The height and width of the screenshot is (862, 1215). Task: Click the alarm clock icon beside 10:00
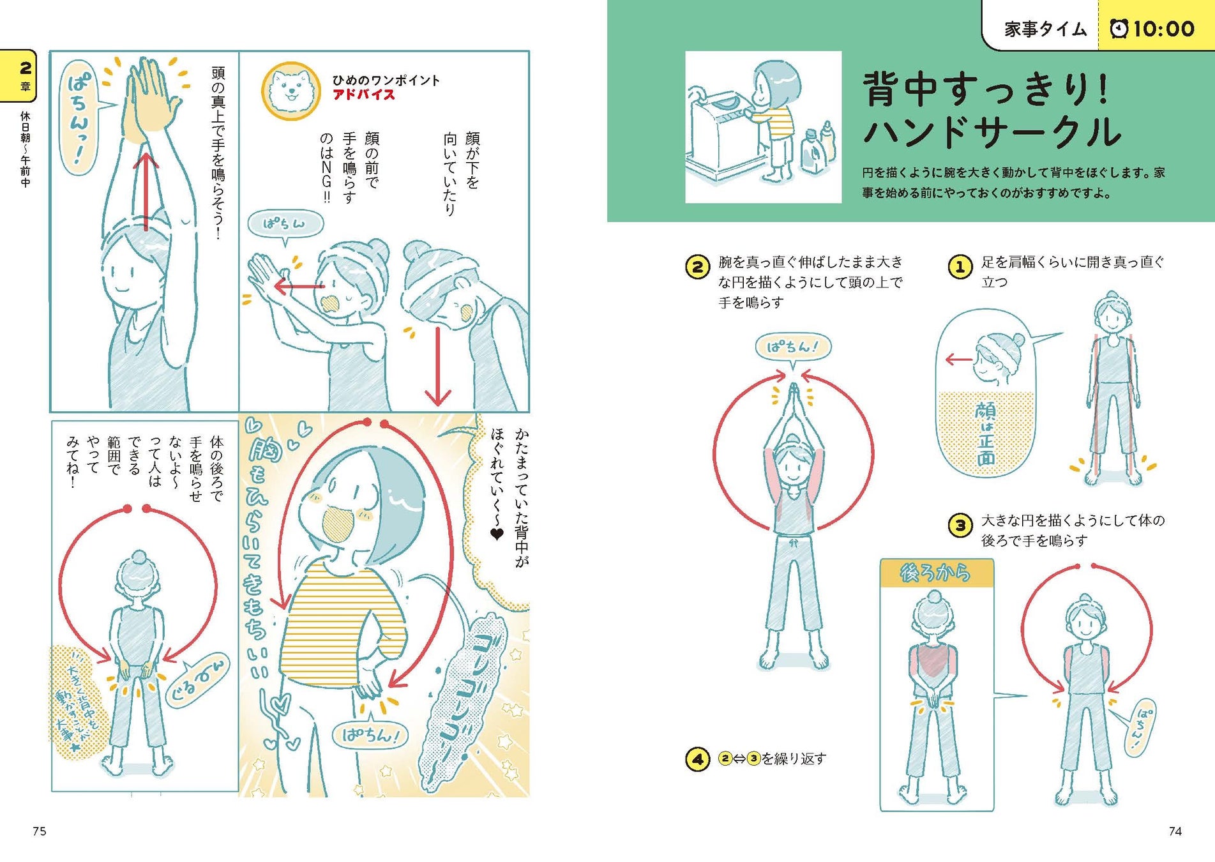(x=1119, y=29)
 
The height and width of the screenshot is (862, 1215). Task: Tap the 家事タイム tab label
(x=1045, y=29)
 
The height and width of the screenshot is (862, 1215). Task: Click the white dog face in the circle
(x=291, y=91)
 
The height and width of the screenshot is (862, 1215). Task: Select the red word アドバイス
(x=363, y=95)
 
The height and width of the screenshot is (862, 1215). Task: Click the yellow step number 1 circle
(x=960, y=267)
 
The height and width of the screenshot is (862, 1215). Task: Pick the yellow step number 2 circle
(x=697, y=267)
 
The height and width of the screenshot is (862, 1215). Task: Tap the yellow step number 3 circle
(x=960, y=526)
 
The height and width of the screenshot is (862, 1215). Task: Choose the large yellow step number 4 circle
(x=697, y=759)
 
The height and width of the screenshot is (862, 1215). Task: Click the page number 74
(x=1175, y=831)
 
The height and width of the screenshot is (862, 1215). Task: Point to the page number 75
(x=40, y=831)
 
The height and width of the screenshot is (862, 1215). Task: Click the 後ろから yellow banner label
(x=936, y=573)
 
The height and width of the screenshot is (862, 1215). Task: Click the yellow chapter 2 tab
(x=19, y=75)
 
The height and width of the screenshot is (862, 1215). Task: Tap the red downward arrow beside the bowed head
(x=438, y=367)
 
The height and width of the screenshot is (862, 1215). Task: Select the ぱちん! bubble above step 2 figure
(x=792, y=347)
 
